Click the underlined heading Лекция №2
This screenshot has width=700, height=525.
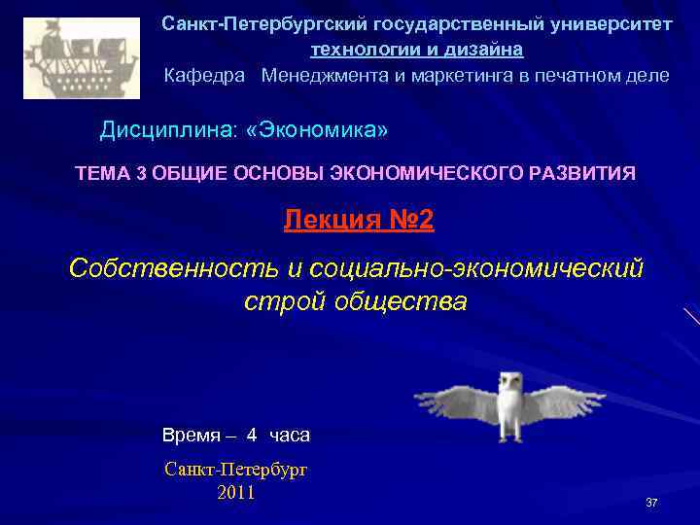(x=359, y=221)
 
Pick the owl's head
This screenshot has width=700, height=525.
(x=509, y=382)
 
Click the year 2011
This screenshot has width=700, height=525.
(x=236, y=492)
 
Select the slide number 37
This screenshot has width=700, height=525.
(x=651, y=503)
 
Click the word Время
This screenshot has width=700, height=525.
(x=191, y=435)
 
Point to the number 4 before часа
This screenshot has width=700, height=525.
(x=252, y=435)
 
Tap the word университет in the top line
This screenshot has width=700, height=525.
(x=612, y=22)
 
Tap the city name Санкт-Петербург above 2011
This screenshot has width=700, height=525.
(x=236, y=470)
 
